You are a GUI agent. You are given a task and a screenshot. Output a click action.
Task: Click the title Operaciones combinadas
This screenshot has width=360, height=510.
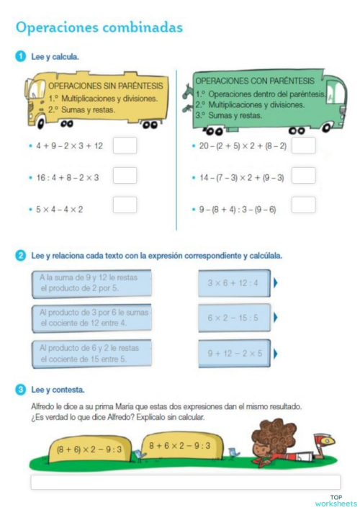(99, 27)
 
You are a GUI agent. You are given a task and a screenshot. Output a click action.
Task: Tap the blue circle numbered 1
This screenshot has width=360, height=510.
(21, 55)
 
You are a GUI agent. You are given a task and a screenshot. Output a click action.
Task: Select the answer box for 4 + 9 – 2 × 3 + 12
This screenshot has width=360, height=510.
(125, 146)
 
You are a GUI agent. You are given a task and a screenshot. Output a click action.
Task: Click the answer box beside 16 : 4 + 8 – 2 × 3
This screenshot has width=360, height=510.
(125, 175)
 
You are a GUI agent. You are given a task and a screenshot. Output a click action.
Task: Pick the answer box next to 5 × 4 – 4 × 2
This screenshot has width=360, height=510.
(125, 205)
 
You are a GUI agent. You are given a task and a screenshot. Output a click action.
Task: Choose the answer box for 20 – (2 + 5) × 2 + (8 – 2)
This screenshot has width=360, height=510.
(303, 146)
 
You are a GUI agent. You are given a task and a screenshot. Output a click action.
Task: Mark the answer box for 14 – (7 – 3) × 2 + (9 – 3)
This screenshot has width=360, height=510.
(303, 175)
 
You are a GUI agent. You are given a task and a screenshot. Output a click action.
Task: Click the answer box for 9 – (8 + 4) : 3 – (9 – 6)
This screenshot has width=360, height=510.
(303, 205)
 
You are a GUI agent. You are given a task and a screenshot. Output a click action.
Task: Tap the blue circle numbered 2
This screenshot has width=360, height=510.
(21, 256)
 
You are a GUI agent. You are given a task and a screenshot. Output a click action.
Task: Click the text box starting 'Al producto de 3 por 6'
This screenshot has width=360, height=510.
(92, 318)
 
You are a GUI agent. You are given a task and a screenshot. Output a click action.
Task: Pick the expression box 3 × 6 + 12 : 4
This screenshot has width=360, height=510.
(235, 283)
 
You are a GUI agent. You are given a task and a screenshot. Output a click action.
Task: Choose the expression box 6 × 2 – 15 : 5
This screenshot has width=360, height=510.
(235, 318)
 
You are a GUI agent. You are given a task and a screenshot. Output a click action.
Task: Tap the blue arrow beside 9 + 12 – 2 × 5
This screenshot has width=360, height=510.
(276, 353)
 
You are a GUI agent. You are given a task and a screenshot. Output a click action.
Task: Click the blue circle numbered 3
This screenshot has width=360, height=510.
(21, 390)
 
